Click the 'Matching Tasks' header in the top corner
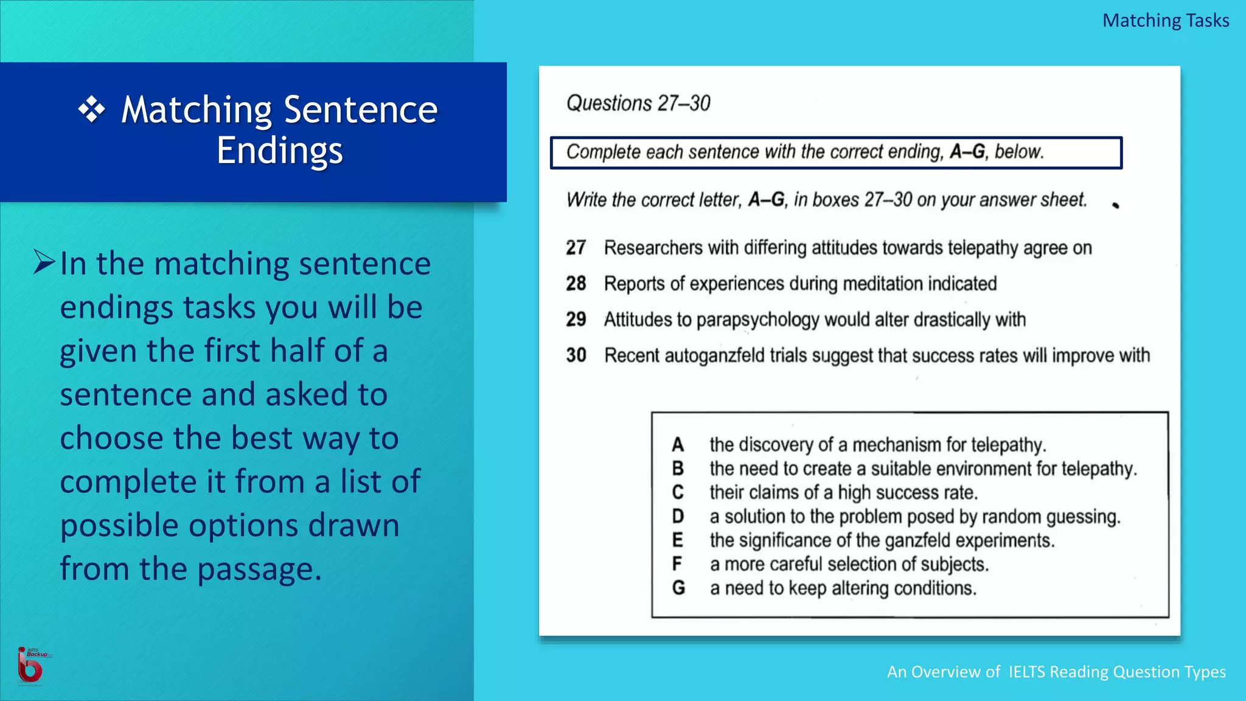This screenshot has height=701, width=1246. (1165, 21)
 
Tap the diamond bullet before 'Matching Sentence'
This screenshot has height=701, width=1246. (92, 110)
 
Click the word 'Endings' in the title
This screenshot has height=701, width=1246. (280, 150)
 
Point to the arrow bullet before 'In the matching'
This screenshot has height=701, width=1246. (44, 262)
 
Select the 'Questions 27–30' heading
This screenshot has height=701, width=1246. (638, 103)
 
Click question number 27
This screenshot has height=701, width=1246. (576, 248)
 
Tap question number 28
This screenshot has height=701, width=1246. (576, 284)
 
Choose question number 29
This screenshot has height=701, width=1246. (576, 319)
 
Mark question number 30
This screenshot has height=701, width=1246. (576, 355)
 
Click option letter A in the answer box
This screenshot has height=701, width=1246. (678, 445)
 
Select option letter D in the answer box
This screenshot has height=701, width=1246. (678, 517)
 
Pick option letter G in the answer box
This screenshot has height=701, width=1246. (678, 588)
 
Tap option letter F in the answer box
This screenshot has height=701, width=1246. (677, 564)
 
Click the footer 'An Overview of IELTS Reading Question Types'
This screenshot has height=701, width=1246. (1056, 672)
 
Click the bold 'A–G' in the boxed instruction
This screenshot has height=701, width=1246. (967, 152)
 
